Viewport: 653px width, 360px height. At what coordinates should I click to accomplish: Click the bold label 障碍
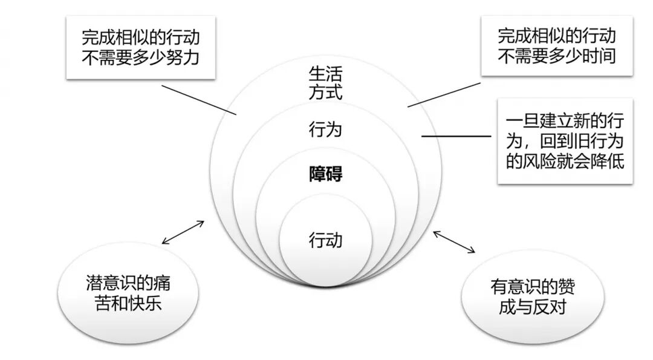(325, 174)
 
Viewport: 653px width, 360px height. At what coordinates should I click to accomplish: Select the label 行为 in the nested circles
(325, 129)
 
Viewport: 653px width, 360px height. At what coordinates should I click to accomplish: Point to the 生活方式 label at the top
(325, 85)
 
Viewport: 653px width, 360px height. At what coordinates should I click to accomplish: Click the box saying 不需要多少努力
(140, 47)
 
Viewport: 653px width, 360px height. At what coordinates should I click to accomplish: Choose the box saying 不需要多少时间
(556, 46)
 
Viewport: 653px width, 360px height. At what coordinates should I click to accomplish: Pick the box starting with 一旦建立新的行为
(565, 140)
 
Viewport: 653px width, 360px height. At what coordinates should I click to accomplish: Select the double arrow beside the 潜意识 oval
(184, 232)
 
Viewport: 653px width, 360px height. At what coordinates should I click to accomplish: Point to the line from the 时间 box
(444, 94)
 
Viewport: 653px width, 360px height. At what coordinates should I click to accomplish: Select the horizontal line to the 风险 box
(456, 136)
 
